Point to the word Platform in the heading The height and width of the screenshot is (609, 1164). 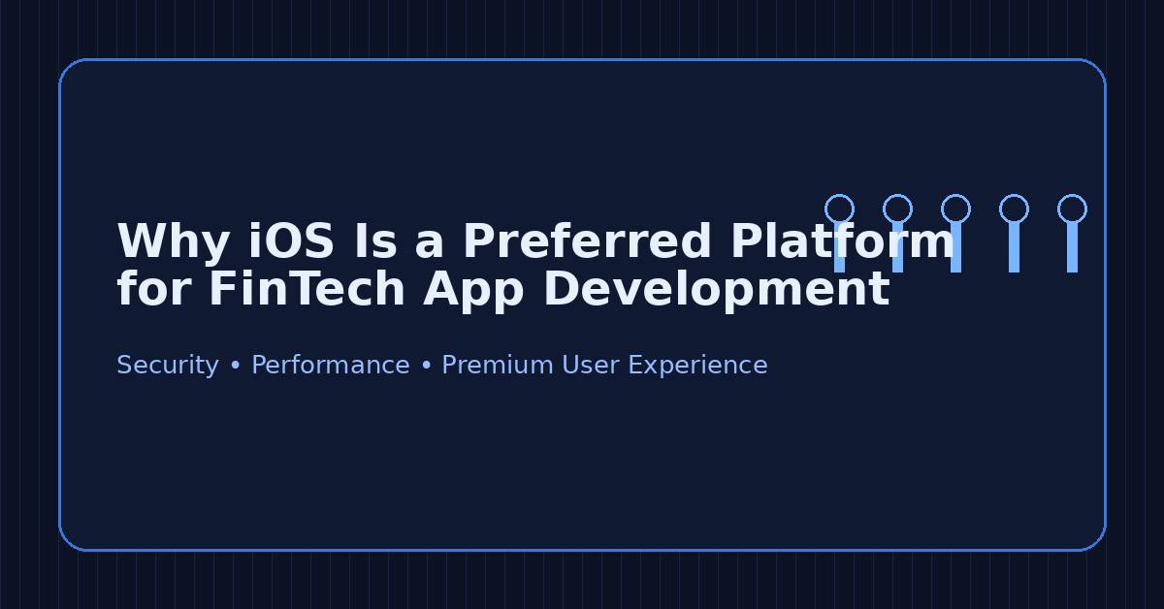tap(842, 240)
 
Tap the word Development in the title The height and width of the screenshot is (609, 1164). tap(716, 290)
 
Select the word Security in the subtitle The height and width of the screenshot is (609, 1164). tap(167, 366)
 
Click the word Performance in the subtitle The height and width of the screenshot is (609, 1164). tap(330, 366)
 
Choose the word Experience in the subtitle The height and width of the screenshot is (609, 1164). tap(697, 366)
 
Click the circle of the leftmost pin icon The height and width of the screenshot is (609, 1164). tap(839, 208)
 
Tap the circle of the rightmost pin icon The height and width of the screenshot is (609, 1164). tap(1072, 208)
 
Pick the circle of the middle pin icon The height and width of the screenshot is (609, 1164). tap(955, 208)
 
